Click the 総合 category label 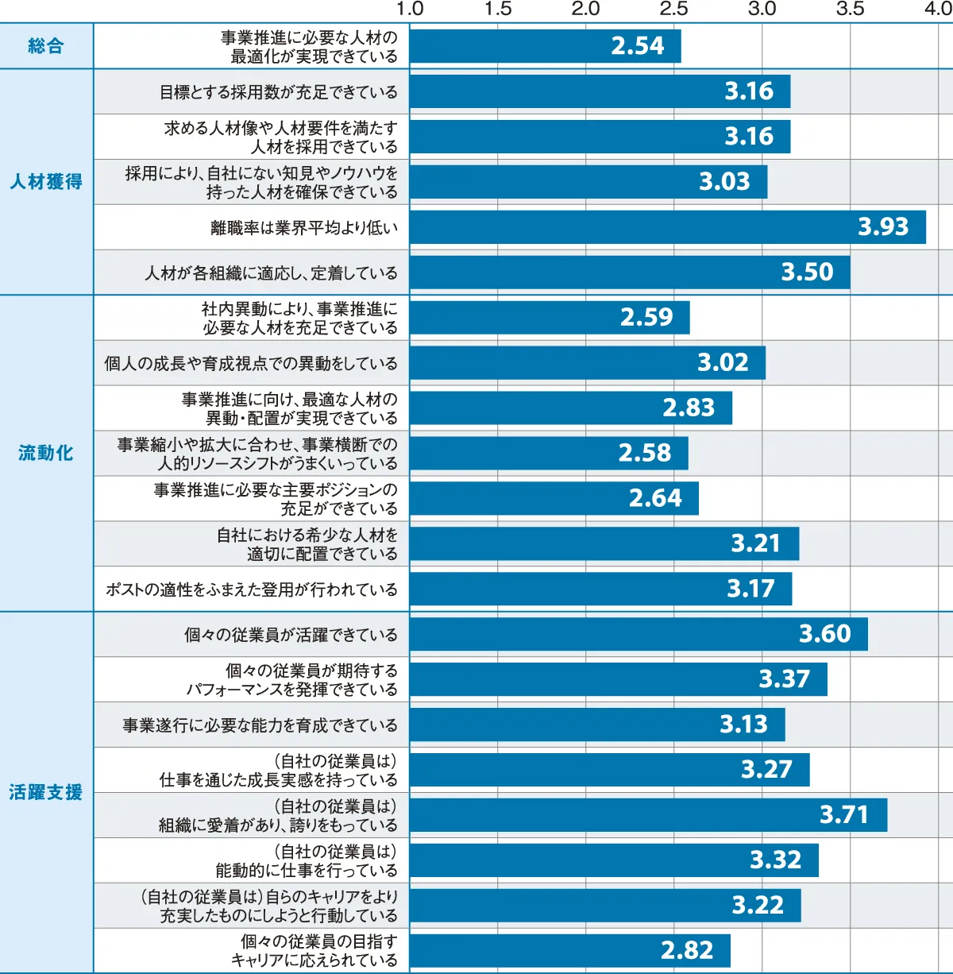(x=46, y=46)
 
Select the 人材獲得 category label (x=46, y=182)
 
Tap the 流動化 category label (x=46, y=453)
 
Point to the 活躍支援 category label (x=46, y=792)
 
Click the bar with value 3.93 (x=667, y=227)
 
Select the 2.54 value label (x=637, y=46)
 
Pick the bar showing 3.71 (x=647, y=815)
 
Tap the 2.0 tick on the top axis (x=586, y=9)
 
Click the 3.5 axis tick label (x=850, y=9)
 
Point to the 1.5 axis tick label (x=498, y=9)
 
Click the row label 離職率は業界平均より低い (x=304, y=228)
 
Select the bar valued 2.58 (x=548, y=453)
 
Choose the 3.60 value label (x=824, y=634)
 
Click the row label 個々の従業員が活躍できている (x=291, y=635)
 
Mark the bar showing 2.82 (x=569, y=950)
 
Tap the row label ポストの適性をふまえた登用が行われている (x=252, y=589)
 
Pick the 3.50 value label (x=807, y=272)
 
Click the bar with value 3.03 (x=588, y=182)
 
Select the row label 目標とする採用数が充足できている (x=279, y=92)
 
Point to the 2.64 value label (x=655, y=498)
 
